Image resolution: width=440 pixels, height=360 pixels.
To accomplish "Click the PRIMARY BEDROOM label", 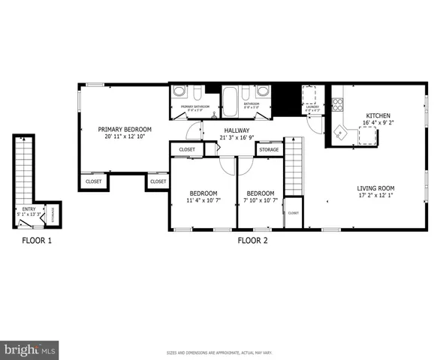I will [125, 129].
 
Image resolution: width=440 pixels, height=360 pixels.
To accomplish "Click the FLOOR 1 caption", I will [35, 241].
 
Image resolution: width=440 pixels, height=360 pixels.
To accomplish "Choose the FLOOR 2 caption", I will [252, 241].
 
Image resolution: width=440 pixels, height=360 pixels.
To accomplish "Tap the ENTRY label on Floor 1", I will [29, 209].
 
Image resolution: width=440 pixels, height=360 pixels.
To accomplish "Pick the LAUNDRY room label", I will [312, 106].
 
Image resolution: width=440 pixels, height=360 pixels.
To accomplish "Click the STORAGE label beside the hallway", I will [269, 150].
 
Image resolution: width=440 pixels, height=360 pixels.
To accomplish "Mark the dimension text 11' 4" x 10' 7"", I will [203, 200].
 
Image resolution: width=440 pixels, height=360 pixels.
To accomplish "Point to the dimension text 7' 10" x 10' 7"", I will [261, 200].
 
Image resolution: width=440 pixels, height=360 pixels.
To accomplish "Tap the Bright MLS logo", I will [30, 349].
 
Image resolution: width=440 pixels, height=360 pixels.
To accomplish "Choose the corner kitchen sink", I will [340, 133].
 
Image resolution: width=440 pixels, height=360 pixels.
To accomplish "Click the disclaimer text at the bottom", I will [219, 352].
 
